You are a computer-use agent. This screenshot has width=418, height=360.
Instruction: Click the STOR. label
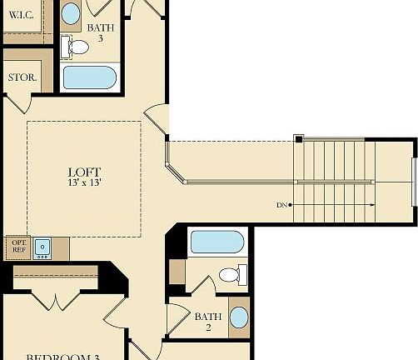click(22, 77)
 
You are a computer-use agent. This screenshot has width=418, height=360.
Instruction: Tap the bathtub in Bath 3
click(89, 77)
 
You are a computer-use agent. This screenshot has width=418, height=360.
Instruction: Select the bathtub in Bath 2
click(216, 242)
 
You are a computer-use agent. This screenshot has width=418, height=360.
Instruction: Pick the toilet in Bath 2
click(231, 274)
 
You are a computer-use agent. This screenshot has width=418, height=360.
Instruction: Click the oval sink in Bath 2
click(238, 317)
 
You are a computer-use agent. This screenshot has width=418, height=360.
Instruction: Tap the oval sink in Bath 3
click(72, 13)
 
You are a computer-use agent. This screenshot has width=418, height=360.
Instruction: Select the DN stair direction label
click(283, 205)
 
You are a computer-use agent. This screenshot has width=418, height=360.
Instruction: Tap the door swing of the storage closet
click(18, 102)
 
